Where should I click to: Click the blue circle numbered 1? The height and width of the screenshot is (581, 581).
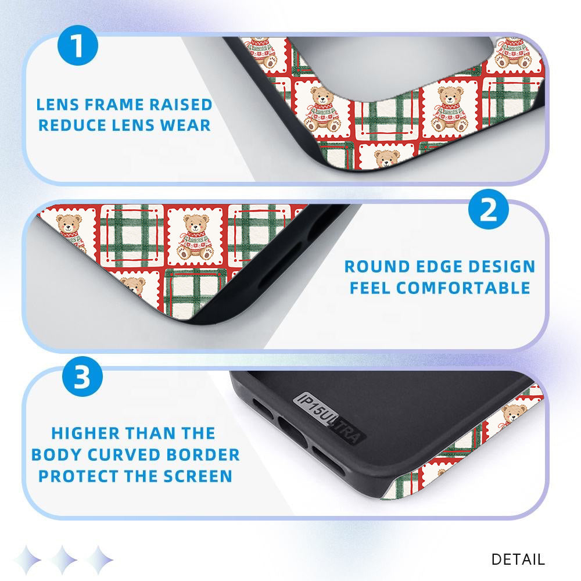(x=78, y=45)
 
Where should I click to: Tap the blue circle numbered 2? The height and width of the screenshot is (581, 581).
(x=489, y=209)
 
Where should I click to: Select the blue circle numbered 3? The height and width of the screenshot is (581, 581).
(x=83, y=376)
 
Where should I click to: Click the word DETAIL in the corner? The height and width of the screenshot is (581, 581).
(x=518, y=559)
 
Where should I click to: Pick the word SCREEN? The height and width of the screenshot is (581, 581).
(x=198, y=476)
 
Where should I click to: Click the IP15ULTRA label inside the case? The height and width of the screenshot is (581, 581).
(x=329, y=418)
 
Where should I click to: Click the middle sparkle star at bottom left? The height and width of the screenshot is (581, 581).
(x=64, y=560)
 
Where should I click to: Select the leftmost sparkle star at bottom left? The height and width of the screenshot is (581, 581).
(x=27, y=560)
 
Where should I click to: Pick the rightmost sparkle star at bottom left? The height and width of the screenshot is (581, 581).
(x=99, y=560)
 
